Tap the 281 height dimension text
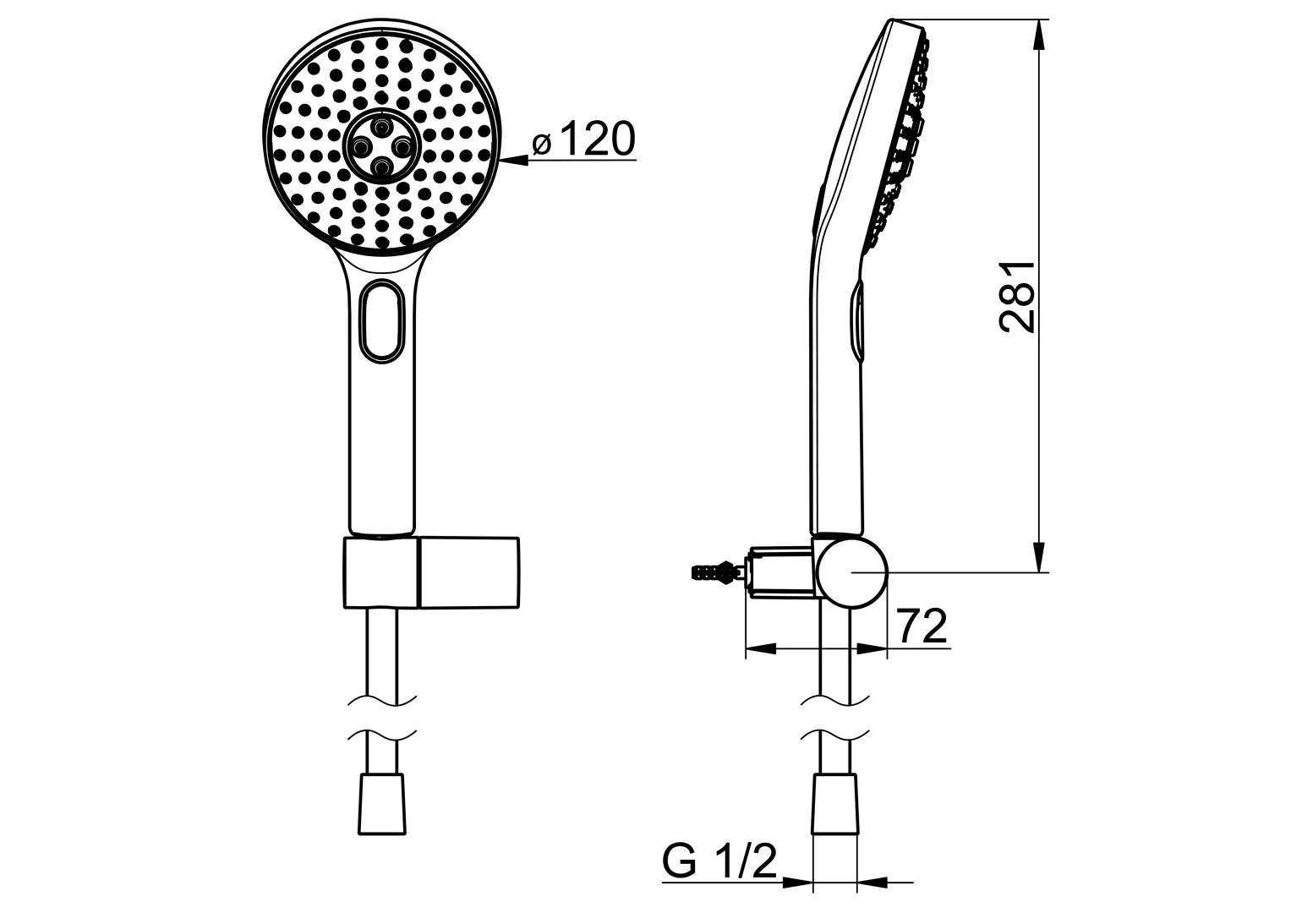(x=1018, y=296)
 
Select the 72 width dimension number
(x=921, y=626)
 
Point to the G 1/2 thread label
(x=719, y=861)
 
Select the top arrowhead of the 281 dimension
(x=1039, y=34)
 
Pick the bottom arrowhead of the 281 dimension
(x=1039, y=558)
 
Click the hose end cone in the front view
(x=382, y=802)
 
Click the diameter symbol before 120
(x=542, y=145)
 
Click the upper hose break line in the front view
(x=382, y=698)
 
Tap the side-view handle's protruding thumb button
(x=856, y=321)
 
